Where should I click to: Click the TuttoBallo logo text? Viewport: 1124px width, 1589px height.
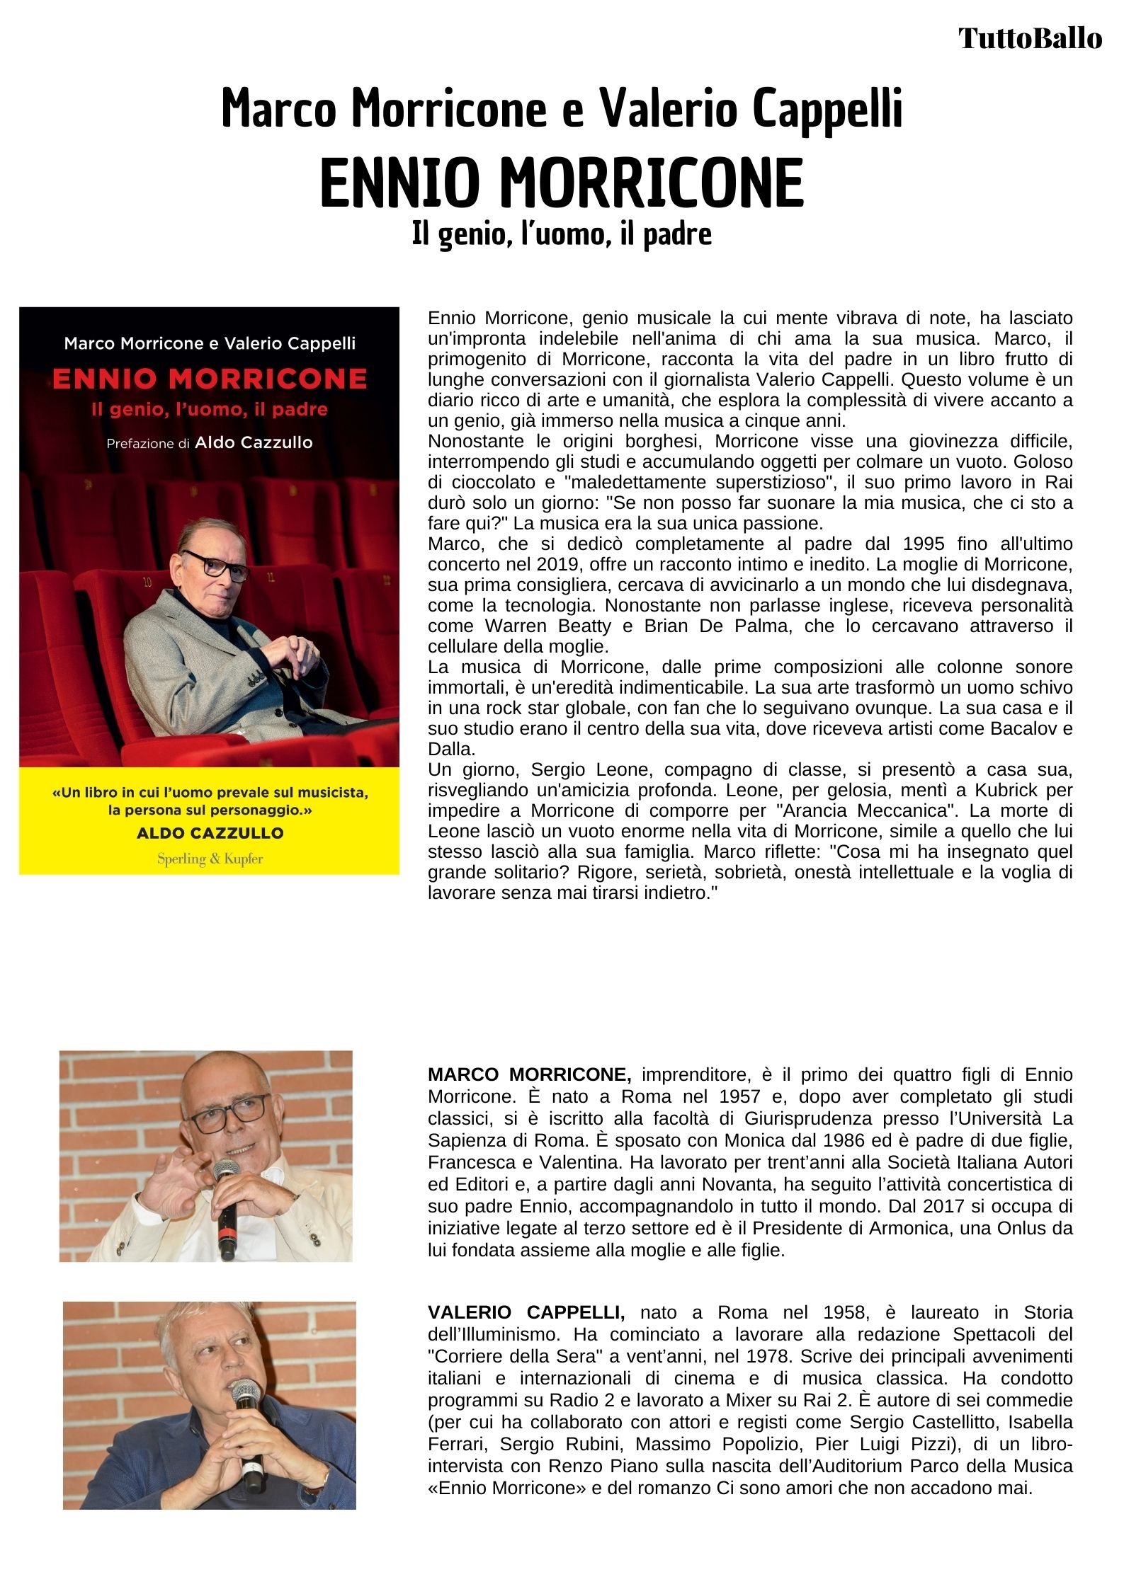1030,38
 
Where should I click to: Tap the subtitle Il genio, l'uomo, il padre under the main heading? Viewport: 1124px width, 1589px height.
562,234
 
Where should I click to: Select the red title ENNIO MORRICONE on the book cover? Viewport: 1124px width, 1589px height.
210,379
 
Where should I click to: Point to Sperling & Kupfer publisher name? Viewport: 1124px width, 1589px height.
210,859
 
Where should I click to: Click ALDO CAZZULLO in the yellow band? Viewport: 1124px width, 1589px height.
210,833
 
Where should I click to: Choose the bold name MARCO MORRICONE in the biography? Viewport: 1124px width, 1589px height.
529,1074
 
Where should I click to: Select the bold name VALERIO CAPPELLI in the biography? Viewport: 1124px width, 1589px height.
526,1312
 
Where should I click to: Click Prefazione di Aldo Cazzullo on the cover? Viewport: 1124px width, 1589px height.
210,443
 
